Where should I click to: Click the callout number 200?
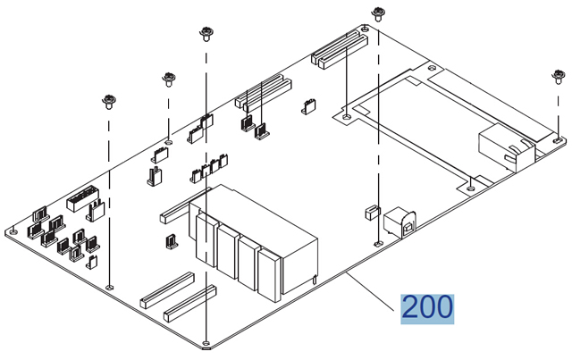tap(427, 308)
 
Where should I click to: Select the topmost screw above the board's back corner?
tap(378, 13)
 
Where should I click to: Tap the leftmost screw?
tap(110, 99)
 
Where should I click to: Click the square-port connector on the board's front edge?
tap(397, 222)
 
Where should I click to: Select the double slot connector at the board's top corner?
tap(340, 49)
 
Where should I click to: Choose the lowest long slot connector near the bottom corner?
tap(189, 303)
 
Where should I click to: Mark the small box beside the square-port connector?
tap(368, 213)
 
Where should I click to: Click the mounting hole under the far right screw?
tap(557, 139)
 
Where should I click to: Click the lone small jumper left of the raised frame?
tap(309, 107)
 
